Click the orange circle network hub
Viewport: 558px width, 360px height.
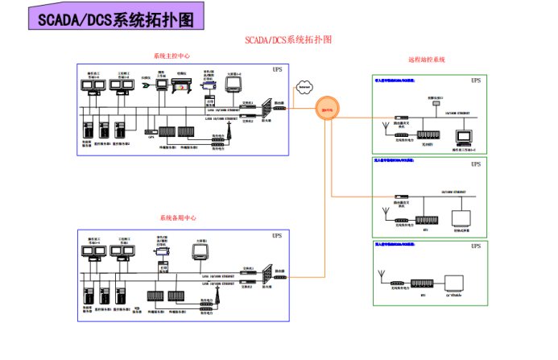click(x=327, y=109)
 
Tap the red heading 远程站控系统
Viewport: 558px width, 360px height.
click(x=427, y=60)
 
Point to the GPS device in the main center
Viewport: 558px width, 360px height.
click(x=149, y=131)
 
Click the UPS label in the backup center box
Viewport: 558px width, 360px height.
click(x=277, y=236)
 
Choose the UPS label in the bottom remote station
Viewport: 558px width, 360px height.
click(x=476, y=246)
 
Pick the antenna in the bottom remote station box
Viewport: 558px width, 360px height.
click(x=380, y=278)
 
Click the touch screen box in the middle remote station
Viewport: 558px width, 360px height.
click(x=461, y=218)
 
